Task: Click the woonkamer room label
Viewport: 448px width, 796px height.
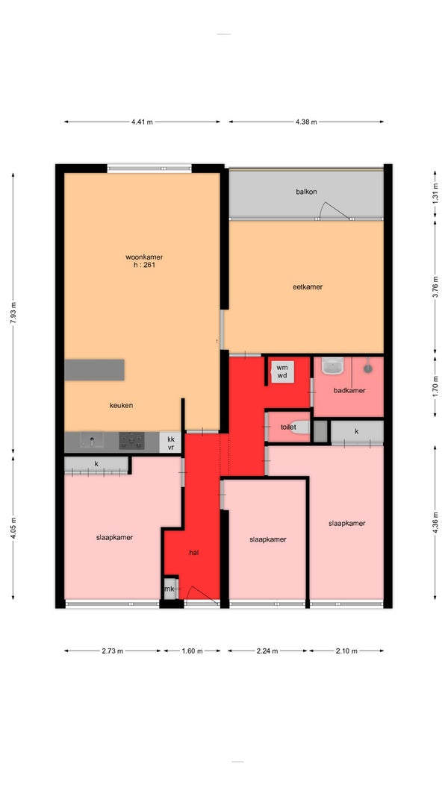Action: [x=144, y=257]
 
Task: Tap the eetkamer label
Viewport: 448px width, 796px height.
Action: [x=308, y=286]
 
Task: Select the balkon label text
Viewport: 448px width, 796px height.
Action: [x=306, y=192]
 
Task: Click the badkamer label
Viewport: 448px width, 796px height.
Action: [x=349, y=390]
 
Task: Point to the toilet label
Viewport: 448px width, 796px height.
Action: [x=288, y=427]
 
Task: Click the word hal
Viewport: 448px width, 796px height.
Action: [x=193, y=552]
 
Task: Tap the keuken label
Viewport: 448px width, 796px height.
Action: [x=122, y=405]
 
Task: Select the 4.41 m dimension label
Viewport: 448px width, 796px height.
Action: [x=142, y=122]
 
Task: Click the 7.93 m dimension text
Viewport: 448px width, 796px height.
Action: [x=13, y=313]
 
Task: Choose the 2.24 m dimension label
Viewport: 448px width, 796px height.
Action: [x=268, y=651]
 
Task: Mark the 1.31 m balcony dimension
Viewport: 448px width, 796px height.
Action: [x=435, y=196]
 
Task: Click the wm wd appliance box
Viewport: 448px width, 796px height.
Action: [x=282, y=371]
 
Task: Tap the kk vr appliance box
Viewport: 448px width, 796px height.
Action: [x=170, y=442]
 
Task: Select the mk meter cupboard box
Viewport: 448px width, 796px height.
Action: [x=169, y=589]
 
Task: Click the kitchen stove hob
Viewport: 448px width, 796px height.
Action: [x=131, y=441]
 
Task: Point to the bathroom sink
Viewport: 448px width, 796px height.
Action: [x=333, y=366]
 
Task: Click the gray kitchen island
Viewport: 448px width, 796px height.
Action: [x=95, y=369]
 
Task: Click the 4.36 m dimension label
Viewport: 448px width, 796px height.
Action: [x=435, y=522]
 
